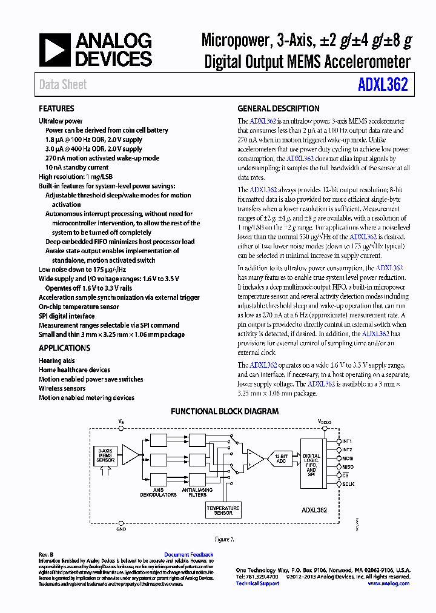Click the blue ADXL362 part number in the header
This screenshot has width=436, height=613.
tap(386, 85)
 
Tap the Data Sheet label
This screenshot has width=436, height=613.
tap(63, 85)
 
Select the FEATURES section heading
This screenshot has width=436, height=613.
tap(56, 109)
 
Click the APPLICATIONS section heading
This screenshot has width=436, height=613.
tap(64, 348)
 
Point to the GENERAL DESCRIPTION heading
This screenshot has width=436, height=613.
tap(278, 109)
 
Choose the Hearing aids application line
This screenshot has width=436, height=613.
tap(56, 360)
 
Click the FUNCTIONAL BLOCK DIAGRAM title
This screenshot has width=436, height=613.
tap(225, 412)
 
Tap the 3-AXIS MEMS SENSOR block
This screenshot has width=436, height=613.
tap(106, 456)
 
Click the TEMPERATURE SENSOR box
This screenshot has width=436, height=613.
tap(223, 509)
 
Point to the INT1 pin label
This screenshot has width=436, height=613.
tap(347, 441)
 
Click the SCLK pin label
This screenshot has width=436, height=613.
tap(348, 485)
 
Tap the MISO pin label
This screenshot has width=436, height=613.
tap(348, 467)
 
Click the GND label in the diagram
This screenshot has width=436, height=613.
tap(121, 529)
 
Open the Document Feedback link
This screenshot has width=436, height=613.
tap(189, 555)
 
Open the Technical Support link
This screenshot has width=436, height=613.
tap(257, 583)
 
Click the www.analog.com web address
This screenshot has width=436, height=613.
tap(388, 583)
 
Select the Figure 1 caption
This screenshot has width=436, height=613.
tap(224, 539)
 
